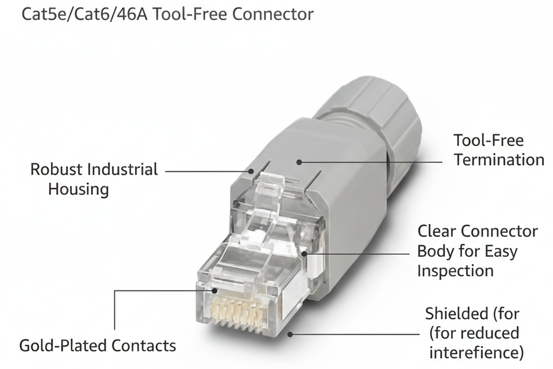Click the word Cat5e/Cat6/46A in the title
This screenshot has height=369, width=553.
(x=83, y=14)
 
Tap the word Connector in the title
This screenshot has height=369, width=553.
(x=273, y=14)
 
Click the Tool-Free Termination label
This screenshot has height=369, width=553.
(x=499, y=149)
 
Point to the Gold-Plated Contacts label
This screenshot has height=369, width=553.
(x=97, y=346)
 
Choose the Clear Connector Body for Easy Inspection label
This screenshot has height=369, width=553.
(x=477, y=251)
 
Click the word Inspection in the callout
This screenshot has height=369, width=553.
(x=455, y=271)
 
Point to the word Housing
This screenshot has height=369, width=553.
(x=78, y=189)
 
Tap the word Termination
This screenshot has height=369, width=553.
(x=499, y=159)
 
